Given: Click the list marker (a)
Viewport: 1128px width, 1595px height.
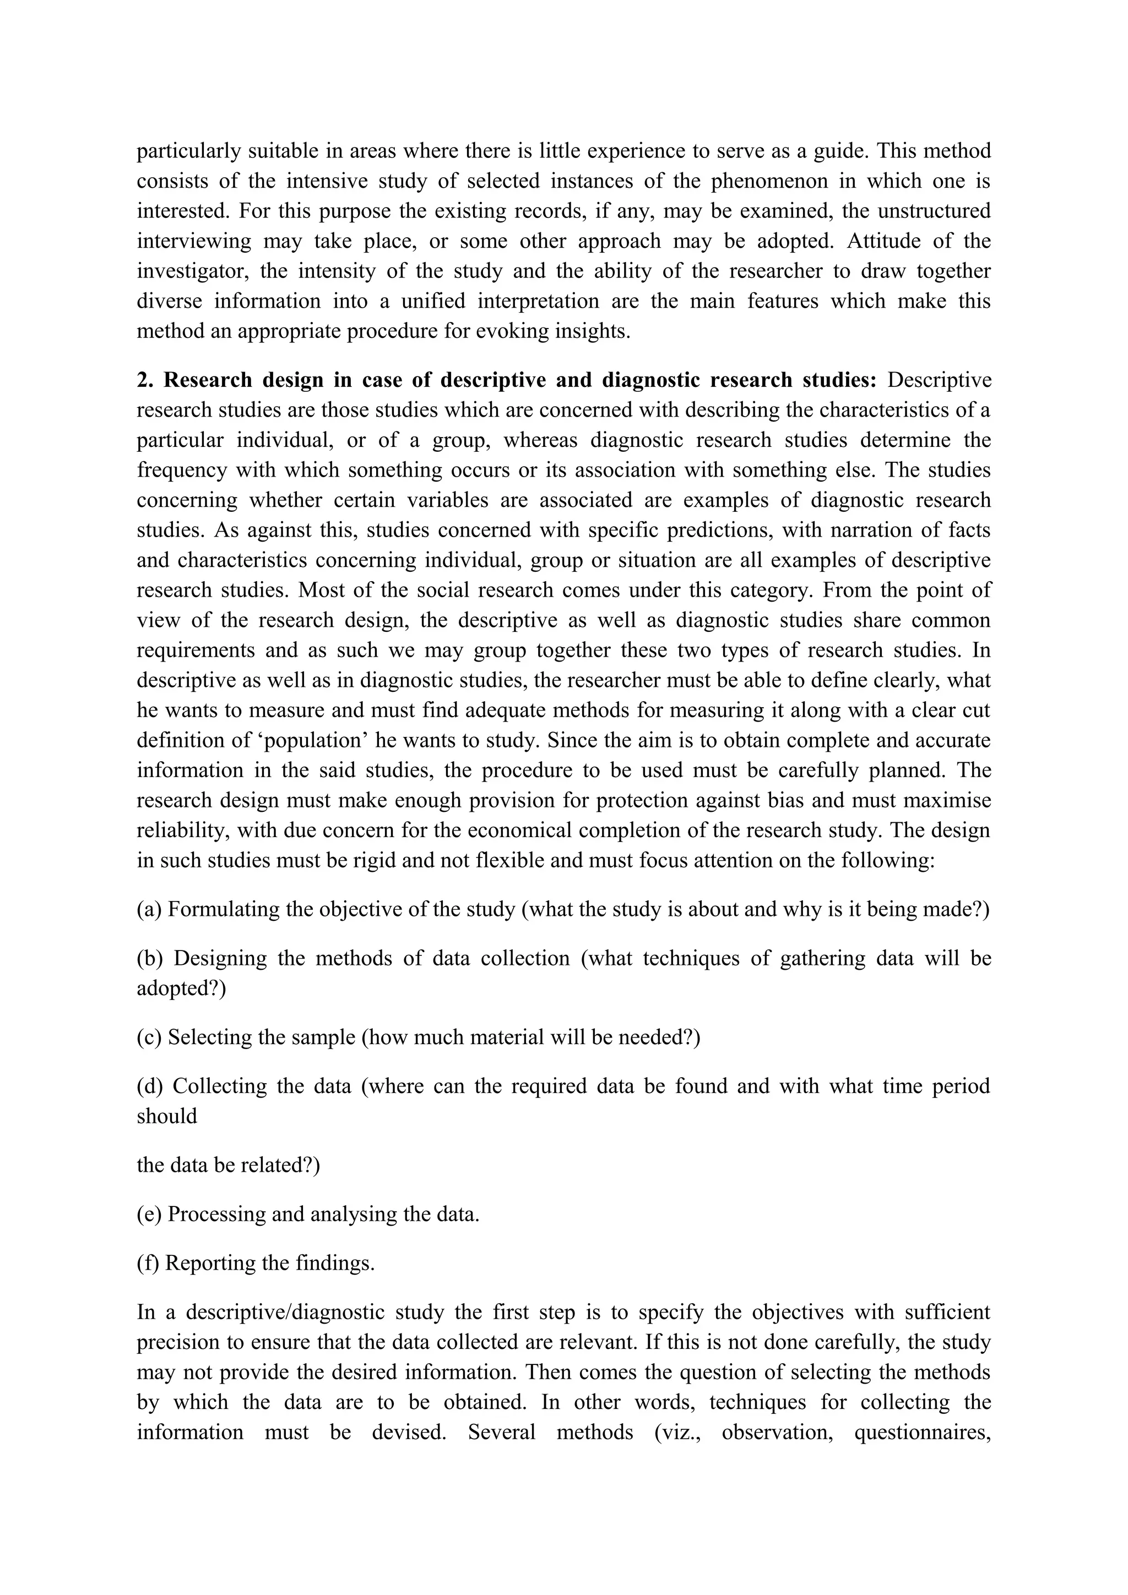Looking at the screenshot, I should [x=149, y=909].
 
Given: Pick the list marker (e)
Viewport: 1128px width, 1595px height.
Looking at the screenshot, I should [x=149, y=1214].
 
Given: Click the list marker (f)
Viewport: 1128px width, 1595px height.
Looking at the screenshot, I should [x=148, y=1263].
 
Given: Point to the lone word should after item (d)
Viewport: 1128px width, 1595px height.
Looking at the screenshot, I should [x=167, y=1116].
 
